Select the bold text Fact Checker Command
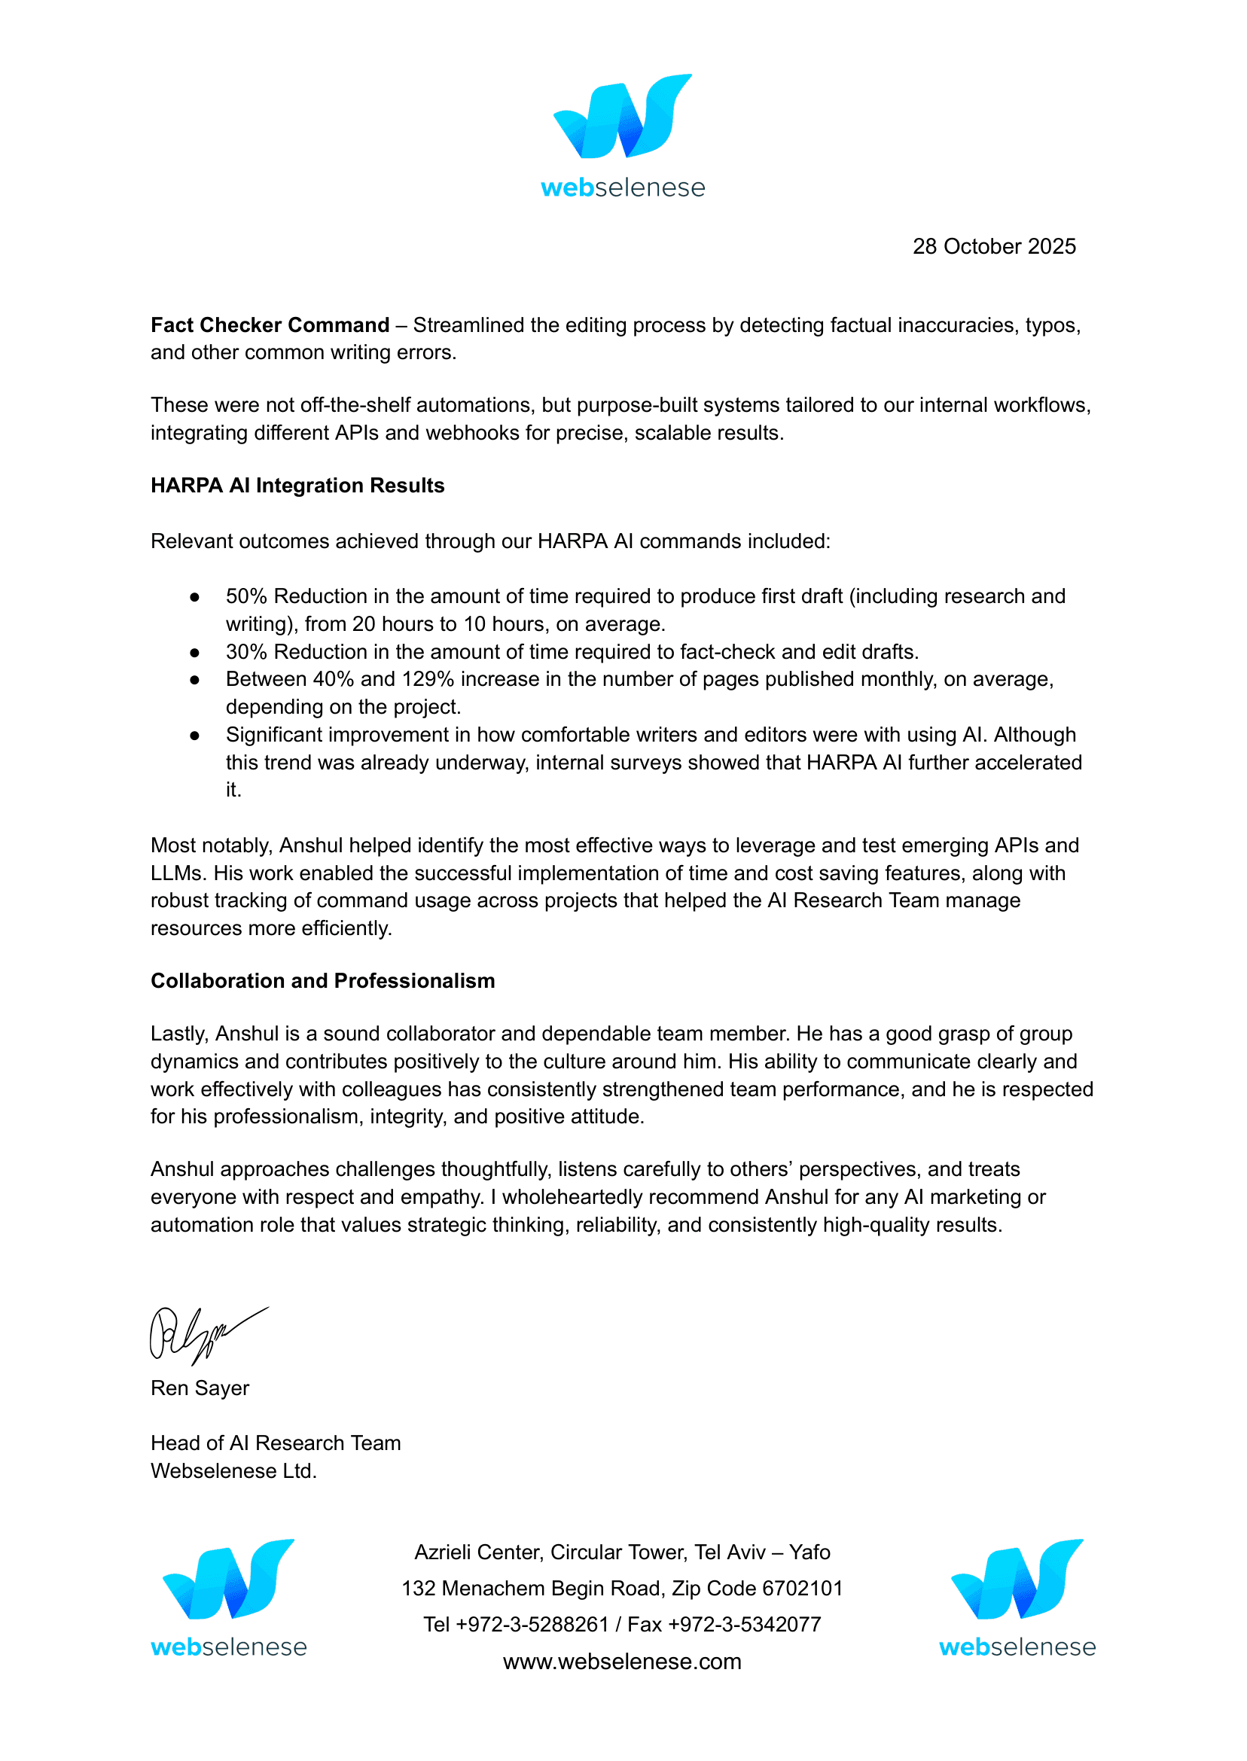tap(270, 325)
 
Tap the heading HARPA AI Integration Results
tap(297, 486)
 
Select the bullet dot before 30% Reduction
tap(195, 653)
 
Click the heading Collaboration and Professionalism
tap(322, 981)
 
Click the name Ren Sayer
tap(200, 1388)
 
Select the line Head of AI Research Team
tap(276, 1443)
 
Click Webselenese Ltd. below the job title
tap(233, 1471)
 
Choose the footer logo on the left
tap(229, 1597)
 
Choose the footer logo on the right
tap(1017, 1597)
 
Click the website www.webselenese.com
tap(622, 1662)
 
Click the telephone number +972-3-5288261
tap(532, 1625)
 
